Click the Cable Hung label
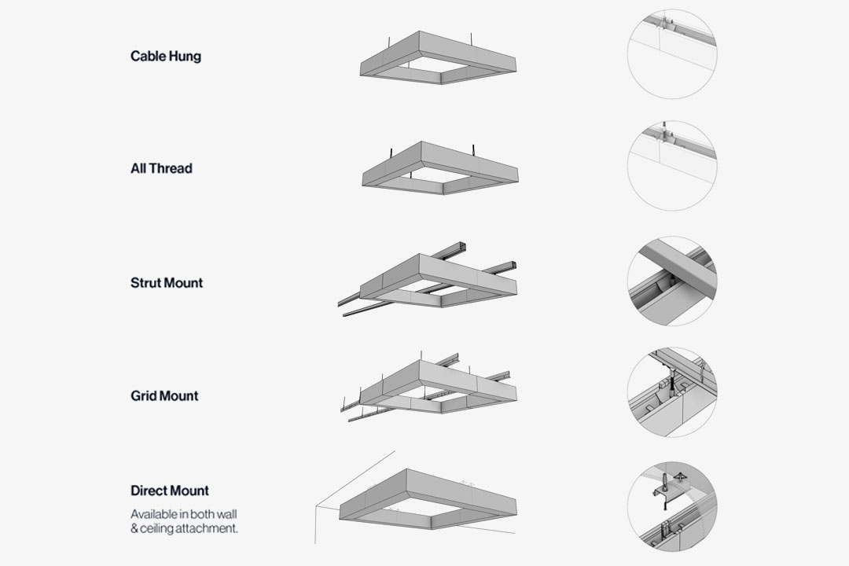tap(166, 57)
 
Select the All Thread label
tap(161, 168)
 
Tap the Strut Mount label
tap(167, 283)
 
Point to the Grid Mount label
tap(164, 396)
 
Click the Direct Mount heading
tap(170, 491)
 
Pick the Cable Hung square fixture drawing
tap(438, 57)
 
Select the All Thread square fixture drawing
tap(439, 168)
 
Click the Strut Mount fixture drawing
tap(427, 280)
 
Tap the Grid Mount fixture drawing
tap(428, 387)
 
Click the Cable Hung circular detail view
tap(672, 54)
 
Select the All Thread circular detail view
tap(672, 166)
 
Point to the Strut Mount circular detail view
tap(672, 281)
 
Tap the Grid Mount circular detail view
tap(672, 393)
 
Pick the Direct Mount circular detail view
tap(672, 507)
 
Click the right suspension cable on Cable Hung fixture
tap(472, 40)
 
